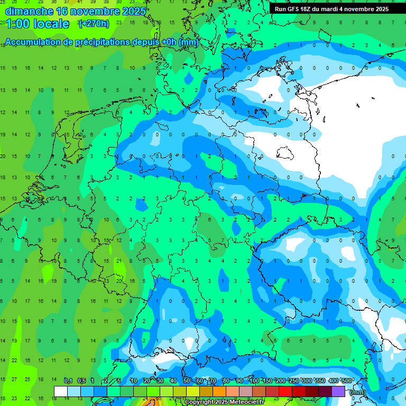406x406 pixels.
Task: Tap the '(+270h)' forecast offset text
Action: [94, 23]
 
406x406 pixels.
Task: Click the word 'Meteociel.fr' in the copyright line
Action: [246, 402]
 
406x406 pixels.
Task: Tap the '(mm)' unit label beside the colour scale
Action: [358, 392]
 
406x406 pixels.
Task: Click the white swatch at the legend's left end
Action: [61, 391]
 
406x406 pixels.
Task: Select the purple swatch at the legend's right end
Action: [338, 391]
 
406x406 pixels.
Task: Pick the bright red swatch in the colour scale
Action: [285, 391]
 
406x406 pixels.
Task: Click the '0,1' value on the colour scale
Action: [68, 381]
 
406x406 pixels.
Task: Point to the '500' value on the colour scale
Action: [347, 381]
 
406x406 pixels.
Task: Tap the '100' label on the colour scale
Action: [254, 381]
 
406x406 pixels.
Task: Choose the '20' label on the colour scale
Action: [147, 381]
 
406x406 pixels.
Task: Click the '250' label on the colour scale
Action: [293, 381]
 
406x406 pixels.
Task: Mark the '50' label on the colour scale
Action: [187, 381]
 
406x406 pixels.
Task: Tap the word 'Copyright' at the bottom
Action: [200, 402]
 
